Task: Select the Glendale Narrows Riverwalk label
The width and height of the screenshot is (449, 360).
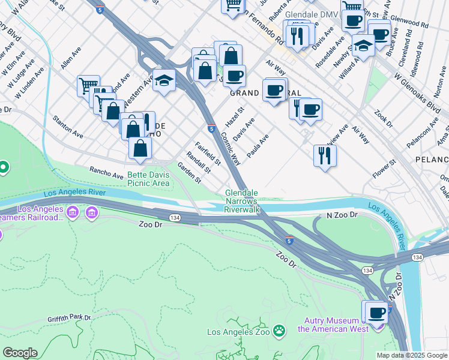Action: (241, 202)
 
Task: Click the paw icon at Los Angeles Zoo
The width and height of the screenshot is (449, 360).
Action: (279, 331)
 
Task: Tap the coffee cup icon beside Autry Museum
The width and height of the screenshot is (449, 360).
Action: (377, 313)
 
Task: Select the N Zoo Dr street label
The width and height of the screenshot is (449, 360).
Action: (342, 214)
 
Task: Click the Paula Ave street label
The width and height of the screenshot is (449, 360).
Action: (258, 145)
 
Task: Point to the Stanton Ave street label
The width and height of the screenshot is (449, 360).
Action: (67, 124)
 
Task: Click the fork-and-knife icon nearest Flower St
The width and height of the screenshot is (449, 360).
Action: (325, 155)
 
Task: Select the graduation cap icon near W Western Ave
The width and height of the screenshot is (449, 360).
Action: (163, 80)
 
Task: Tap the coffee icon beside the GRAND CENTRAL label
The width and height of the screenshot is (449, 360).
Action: (274, 90)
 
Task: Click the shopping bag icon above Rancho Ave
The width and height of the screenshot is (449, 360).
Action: (140, 148)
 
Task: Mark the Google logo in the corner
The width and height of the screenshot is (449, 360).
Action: (20, 353)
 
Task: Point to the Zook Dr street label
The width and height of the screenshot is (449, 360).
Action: (382, 119)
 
